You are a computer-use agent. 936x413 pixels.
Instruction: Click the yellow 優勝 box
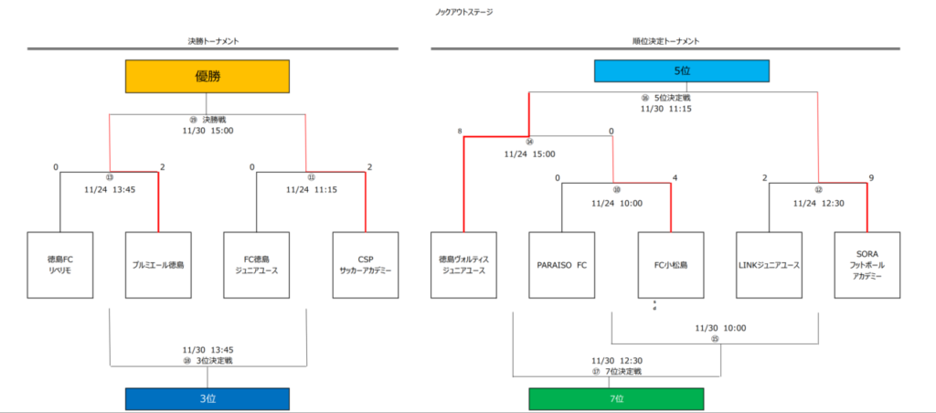click(207, 77)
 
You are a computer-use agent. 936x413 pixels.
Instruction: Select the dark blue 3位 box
click(207, 399)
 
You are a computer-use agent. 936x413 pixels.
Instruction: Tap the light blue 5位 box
click(681, 71)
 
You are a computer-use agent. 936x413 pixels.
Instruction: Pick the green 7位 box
click(616, 399)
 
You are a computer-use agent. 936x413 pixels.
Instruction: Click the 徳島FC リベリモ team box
click(60, 265)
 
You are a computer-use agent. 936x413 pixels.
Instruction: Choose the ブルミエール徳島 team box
click(158, 265)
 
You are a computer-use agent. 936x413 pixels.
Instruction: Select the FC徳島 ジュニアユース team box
click(256, 265)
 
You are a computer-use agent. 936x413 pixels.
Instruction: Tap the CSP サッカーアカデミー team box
click(365, 265)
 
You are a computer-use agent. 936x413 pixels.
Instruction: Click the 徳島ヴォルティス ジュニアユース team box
click(463, 265)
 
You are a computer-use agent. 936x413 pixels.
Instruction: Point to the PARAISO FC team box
click(561, 265)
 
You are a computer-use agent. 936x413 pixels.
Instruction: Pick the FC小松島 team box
click(670, 265)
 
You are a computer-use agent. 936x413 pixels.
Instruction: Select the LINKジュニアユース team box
click(769, 265)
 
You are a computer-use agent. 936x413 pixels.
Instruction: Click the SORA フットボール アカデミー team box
click(867, 265)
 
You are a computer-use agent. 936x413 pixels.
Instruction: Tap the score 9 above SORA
click(870, 177)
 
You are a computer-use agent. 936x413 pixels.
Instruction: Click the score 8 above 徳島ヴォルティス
click(461, 132)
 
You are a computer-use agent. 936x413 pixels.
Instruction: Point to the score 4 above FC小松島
click(674, 177)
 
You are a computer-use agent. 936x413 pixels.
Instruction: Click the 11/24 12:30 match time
click(818, 203)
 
